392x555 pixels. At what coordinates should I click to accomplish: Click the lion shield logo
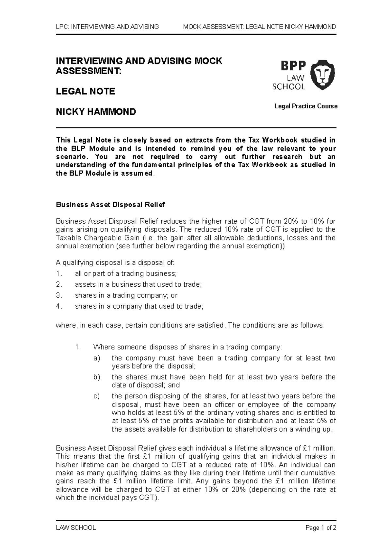[x=322, y=75]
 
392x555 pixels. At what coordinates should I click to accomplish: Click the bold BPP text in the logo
[x=293, y=66]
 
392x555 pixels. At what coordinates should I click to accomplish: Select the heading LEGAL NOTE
[x=85, y=92]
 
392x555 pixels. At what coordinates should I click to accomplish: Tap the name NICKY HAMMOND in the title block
[x=96, y=112]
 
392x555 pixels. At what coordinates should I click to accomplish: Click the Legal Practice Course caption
[x=306, y=106]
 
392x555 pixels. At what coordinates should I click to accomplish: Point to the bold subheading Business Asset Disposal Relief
[x=110, y=205]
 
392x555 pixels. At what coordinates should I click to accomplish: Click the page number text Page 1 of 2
[x=321, y=528]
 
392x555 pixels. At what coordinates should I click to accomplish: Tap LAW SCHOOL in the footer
[x=76, y=528]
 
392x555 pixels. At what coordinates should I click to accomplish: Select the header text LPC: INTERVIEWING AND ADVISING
[x=107, y=27]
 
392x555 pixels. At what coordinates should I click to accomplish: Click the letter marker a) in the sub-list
[x=96, y=358]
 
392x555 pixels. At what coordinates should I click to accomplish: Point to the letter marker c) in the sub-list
[x=96, y=396]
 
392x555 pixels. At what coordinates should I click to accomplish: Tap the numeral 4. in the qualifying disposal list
[x=59, y=307]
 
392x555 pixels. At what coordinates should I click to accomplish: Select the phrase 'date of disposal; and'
[x=146, y=385]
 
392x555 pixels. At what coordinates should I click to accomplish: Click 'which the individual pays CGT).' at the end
[x=107, y=498]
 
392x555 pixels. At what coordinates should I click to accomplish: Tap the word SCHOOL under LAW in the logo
[x=288, y=87]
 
